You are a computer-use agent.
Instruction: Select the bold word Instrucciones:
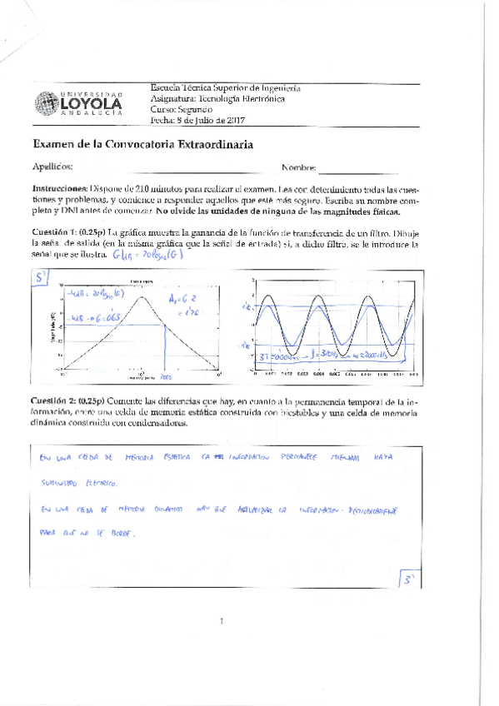click(x=59, y=189)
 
